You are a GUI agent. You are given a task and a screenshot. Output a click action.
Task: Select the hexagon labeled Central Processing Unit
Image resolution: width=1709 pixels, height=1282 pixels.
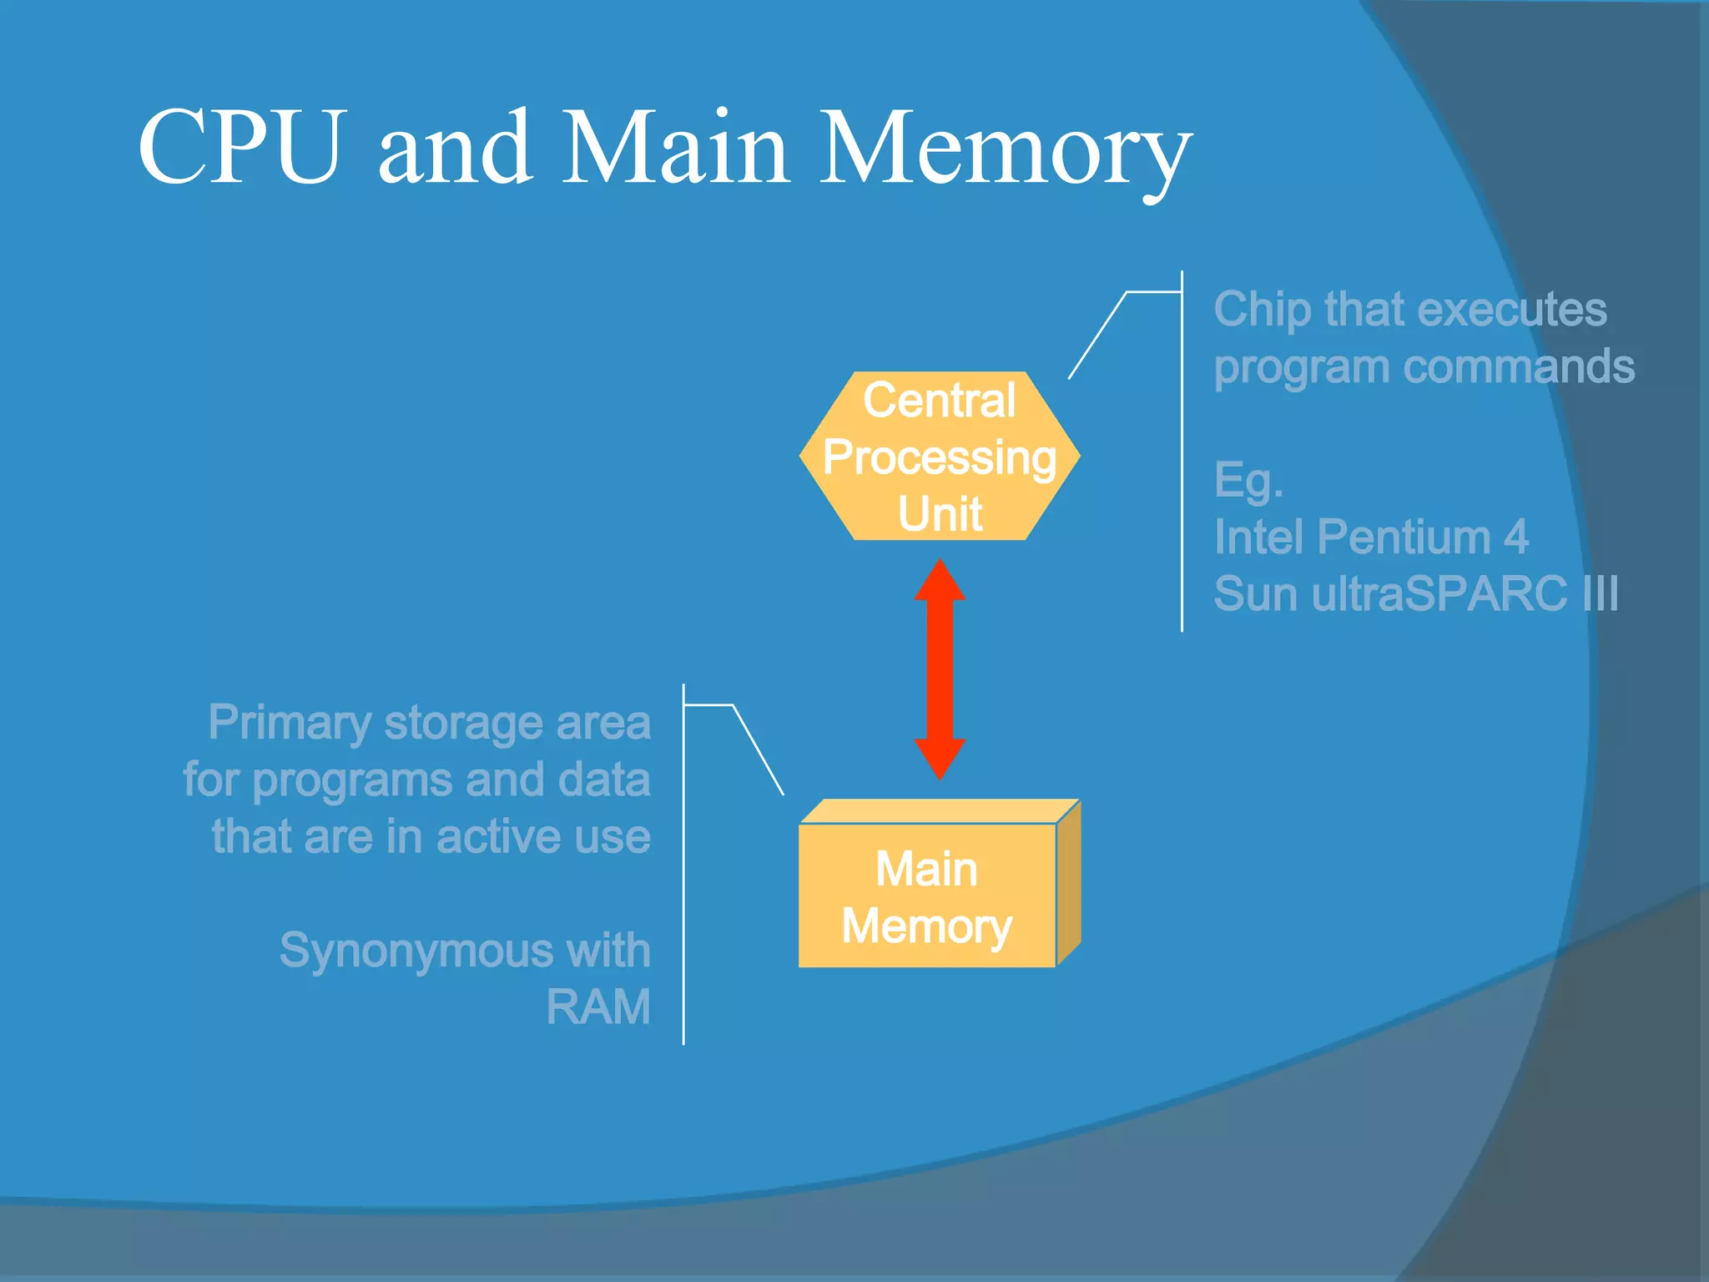pyautogui.click(x=940, y=456)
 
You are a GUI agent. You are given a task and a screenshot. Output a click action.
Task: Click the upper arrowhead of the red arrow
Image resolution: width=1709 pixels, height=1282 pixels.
pyautogui.click(x=940, y=581)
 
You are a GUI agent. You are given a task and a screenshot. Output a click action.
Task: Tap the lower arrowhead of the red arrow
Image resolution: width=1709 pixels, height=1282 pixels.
pyautogui.click(x=940, y=758)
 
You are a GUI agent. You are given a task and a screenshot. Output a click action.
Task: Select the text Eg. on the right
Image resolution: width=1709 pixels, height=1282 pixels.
pyautogui.click(x=1248, y=481)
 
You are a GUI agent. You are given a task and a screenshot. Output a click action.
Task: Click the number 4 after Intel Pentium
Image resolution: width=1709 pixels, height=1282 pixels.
pyautogui.click(x=1515, y=537)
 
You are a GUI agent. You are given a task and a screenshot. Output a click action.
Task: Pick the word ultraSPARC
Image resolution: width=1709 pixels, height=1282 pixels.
pyautogui.click(x=1439, y=594)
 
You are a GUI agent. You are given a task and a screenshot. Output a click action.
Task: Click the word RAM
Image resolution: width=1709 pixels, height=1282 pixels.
pyautogui.click(x=597, y=1007)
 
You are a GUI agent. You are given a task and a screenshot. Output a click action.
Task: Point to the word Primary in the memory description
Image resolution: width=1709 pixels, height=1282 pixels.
pyautogui.click(x=289, y=723)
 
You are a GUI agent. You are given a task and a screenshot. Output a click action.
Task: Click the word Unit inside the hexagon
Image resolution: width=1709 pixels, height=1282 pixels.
pyautogui.click(x=940, y=513)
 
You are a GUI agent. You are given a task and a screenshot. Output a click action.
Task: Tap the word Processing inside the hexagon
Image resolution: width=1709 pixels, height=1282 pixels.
pyautogui.click(x=940, y=457)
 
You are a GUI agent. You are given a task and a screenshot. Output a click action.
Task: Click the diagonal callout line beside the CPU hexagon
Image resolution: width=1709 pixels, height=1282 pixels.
pyautogui.click(x=1098, y=335)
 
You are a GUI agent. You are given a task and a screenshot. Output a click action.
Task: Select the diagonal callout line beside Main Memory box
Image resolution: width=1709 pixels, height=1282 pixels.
pyautogui.click(x=758, y=749)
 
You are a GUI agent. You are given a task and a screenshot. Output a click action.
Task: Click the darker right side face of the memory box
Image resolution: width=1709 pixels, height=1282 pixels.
pyautogui.click(x=1069, y=885)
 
